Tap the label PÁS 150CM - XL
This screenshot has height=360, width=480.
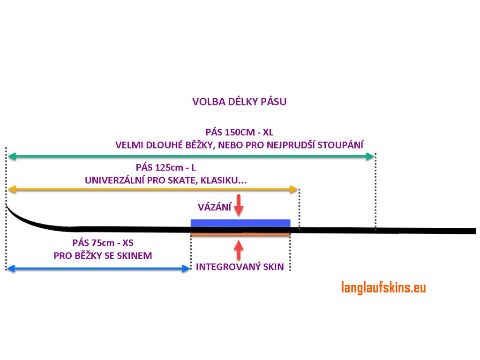(x=240, y=132)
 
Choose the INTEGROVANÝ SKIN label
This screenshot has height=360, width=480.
(x=240, y=267)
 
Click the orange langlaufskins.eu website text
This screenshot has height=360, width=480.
(x=383, y=287)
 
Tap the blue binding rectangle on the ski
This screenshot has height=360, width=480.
(x=240, y=223)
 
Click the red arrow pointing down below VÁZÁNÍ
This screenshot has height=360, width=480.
(x=240, y=205)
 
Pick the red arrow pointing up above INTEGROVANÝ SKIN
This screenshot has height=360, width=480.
(x=240, y=250)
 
